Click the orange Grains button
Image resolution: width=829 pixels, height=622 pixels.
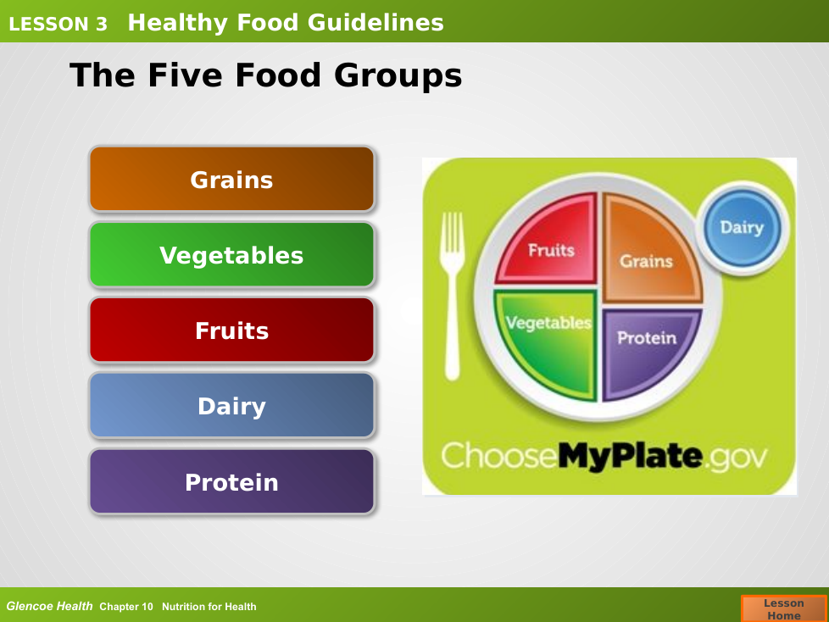pos(231,179)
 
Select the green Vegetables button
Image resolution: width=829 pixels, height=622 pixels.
pos(231,255)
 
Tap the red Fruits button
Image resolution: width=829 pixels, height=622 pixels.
pos(231,330)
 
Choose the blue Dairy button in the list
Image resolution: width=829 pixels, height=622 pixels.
pos(231,406)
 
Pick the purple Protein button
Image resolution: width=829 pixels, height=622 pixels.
pos(231,481)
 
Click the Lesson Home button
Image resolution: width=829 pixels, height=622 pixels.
pos(783,608)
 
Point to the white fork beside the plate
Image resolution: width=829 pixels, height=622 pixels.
pos(452,296)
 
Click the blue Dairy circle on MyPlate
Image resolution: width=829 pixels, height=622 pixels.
pos(743,228)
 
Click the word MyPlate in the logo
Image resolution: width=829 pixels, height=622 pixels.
pos(630,456)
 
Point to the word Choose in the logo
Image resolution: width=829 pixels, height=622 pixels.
pos(499,456)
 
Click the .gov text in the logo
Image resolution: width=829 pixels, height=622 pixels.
pos(736,458)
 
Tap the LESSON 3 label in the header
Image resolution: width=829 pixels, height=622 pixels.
pos(58,24)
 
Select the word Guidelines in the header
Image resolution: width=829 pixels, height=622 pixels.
pos(376,23)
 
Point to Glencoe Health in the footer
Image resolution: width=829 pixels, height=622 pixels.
pos(49,606)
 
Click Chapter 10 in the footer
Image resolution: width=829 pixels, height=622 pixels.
pos(125,607)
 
